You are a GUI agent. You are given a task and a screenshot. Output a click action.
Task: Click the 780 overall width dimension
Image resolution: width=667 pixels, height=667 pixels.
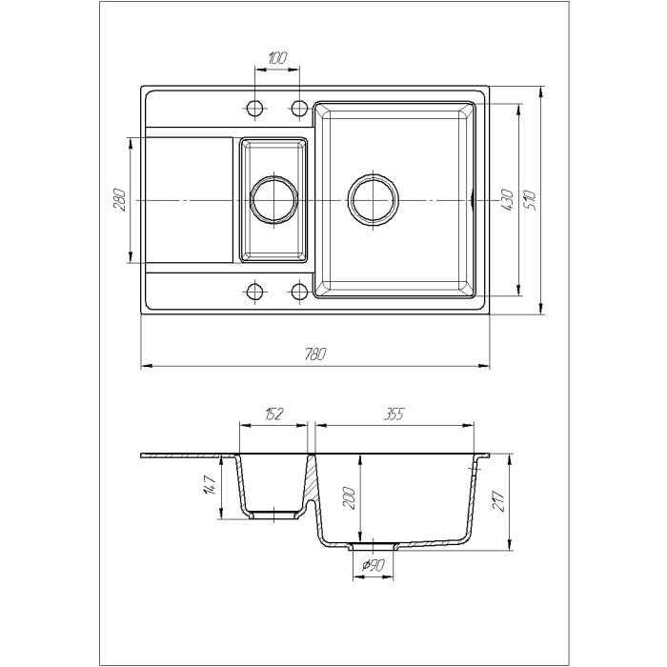coord(315,354)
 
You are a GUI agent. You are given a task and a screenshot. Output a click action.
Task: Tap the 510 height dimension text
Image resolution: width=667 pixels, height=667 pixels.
coord(530,201)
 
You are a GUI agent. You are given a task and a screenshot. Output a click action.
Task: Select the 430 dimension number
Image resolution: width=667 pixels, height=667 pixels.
coord(507,200)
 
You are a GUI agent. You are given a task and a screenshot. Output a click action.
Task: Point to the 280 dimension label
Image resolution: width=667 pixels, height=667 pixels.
coord(119,200)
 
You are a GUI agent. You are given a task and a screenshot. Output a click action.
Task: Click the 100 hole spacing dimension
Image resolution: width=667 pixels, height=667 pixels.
coord(278,58)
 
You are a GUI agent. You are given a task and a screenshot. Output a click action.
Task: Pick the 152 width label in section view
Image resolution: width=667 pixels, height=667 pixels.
coord(273,414)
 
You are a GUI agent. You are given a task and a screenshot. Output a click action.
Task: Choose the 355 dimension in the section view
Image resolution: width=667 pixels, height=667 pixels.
coord(394,414)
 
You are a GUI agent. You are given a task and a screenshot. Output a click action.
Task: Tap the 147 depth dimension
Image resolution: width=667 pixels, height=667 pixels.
coord(211,485)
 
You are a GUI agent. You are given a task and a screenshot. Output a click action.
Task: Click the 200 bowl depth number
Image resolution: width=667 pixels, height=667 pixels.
coord(349,496)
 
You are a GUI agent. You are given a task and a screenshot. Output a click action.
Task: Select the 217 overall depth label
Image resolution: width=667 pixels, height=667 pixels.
coord(498,500)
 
